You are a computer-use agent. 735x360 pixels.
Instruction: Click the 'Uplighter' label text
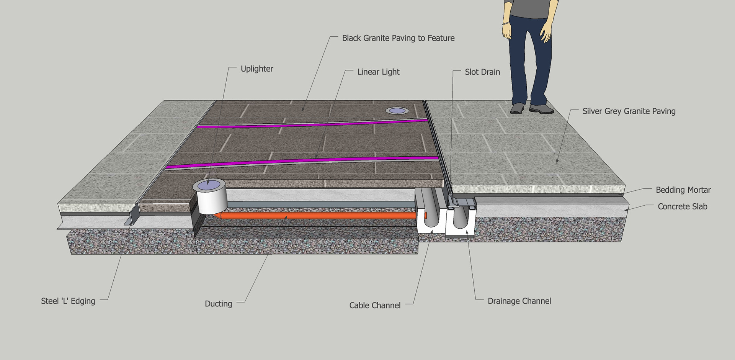(256, 69)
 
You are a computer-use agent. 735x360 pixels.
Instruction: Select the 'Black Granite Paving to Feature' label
(398, 38)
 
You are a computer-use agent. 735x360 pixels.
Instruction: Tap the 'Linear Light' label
(378, 72)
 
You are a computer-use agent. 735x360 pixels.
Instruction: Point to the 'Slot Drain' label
(482, 72)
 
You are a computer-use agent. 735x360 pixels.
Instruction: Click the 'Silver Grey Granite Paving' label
(629, 111)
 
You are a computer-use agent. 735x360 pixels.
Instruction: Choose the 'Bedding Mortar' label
(683, 190)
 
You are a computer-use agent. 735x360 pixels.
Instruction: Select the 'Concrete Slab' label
(682, 206)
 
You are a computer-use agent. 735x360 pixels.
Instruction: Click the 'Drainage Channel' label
(519, 301)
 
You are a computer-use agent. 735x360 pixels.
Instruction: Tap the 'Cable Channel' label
(375, 305)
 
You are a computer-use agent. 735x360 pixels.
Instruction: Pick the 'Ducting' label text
(218, 304)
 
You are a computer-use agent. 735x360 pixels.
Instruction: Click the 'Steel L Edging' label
(68, 301)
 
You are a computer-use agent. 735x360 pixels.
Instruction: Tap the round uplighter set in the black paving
(397, 111)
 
